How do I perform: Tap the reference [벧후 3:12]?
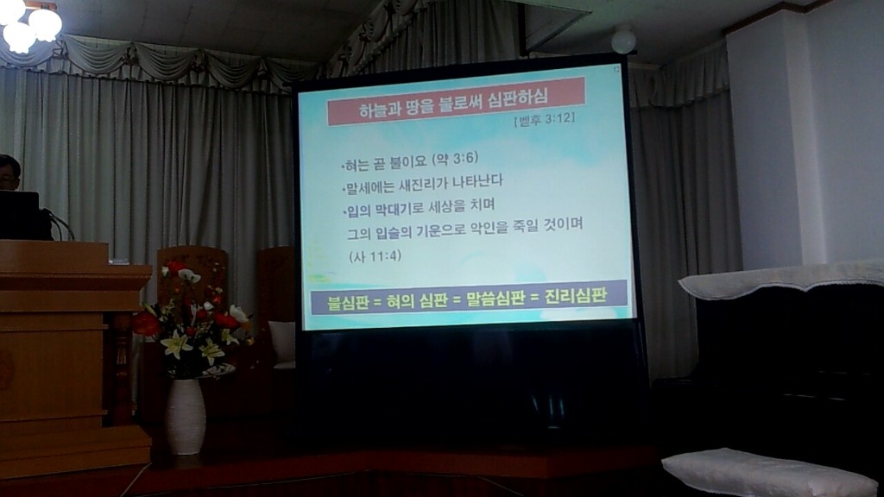tap(544, 120)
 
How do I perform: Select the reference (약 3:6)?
tap(455, 159)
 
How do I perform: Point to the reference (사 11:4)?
tap(375, 255)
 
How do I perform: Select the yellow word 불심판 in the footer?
tap(348, 302)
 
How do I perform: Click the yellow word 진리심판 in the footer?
tap(575, 296)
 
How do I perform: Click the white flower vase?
tap(185, 417)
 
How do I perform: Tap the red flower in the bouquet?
tap(146, 324)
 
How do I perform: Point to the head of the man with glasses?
tap(9, 172)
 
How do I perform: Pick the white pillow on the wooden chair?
tap(282, 343)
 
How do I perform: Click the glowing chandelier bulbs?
tap(29, 24)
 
